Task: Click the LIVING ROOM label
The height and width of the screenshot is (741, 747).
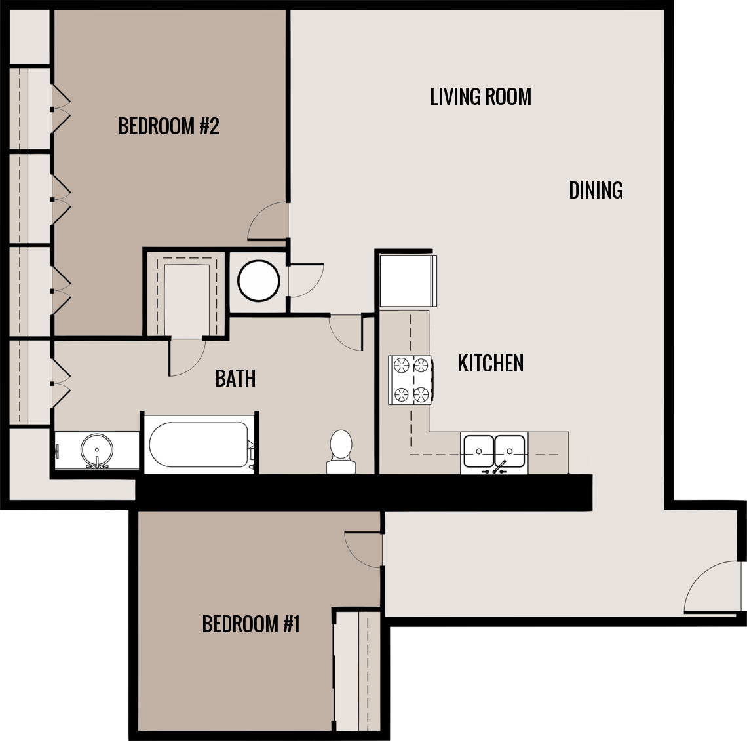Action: [x=480, y=97]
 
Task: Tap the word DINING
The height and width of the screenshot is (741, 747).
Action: [x=595, y=191]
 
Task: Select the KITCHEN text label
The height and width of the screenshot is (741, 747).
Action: [x=490, y=364]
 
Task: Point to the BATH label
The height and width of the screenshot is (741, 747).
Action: [x=235, y=379]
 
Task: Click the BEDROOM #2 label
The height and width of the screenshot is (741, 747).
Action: [x=168, y=126]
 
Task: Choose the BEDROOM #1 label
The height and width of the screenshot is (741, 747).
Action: [x=251, y=624]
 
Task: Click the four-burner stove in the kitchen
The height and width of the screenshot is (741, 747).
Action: [x=410, y=380]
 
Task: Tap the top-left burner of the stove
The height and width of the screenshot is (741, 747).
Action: [x=400, y=365]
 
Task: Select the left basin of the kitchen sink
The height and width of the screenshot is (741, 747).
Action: [x=479, y=451]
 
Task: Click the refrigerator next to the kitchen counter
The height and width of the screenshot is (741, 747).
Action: [x=407, y=280]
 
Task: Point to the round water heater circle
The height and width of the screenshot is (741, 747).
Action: [x=258, y=280]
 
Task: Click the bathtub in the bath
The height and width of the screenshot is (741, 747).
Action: [x=199, y=444]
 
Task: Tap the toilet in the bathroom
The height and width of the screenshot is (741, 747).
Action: [x=341, y=451]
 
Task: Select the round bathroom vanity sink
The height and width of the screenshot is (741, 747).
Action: [x=97, y=451]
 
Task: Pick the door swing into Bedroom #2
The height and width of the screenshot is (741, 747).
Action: [x=269, y=221]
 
